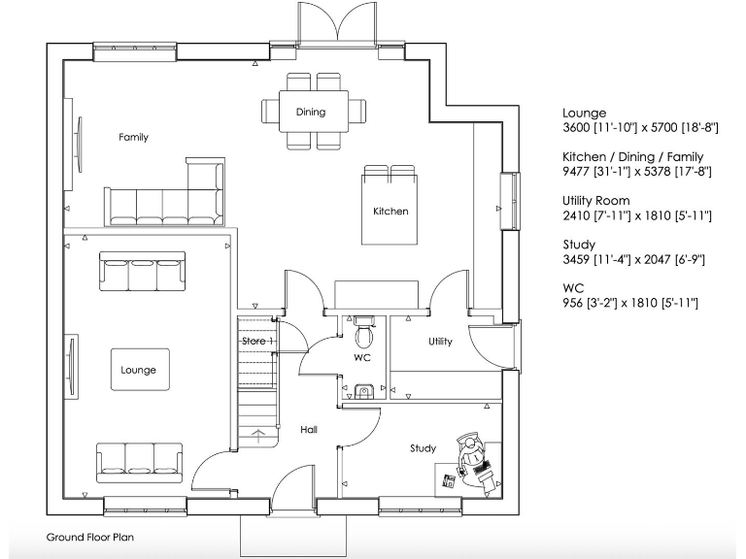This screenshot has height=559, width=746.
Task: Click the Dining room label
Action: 311,113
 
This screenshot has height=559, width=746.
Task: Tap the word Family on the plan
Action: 133,138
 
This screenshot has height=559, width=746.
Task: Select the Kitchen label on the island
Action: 390,212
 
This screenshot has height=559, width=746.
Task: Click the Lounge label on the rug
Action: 138,371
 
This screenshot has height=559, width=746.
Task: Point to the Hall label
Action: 308,430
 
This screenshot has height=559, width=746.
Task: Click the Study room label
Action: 423,448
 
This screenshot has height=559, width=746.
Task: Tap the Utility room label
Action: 440,342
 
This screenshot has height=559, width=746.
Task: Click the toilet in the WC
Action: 365,334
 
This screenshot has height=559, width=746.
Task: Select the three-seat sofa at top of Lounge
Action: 142,273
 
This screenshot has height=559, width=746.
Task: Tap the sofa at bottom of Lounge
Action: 138,460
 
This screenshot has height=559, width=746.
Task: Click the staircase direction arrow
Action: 258,435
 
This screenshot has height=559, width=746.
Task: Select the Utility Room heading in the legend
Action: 595,201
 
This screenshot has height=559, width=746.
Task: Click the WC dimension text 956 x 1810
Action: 629,304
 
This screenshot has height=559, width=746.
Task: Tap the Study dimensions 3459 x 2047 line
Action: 627,260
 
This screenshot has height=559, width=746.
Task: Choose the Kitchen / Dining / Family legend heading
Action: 632,157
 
